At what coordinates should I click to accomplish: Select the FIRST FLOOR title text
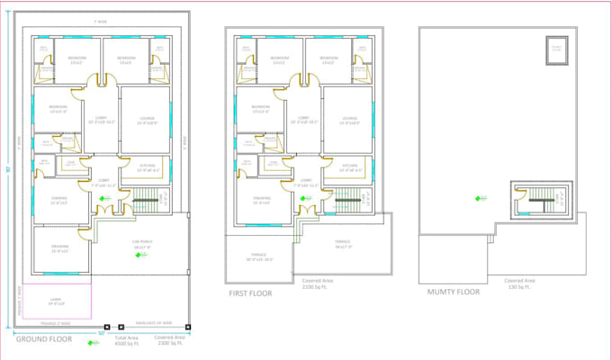tap(249, 292)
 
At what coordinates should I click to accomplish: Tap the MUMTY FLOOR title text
tap(453, 291)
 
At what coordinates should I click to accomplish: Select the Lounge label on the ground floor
tap(146, 120)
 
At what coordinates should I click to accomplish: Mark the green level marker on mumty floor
tap(474, 199)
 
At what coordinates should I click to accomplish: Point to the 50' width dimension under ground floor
tap(101, 332)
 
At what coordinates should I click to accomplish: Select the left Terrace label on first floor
tap(259, 259)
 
